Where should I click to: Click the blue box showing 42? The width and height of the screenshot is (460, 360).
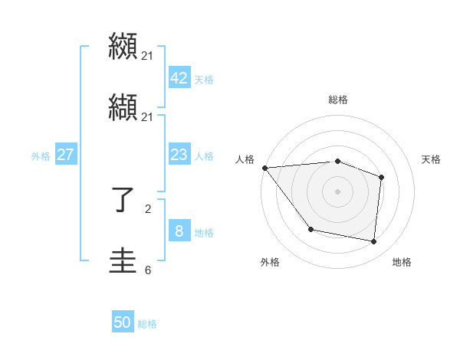179,79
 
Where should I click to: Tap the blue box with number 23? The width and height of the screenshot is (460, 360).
179,155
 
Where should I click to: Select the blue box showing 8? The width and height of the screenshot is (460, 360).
179,231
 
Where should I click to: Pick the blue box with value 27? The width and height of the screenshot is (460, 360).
65,155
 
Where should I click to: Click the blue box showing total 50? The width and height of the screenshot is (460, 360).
123,323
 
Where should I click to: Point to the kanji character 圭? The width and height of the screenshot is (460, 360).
123,262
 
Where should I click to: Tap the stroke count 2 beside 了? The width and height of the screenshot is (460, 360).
148,208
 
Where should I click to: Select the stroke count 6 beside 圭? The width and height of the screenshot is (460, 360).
148,270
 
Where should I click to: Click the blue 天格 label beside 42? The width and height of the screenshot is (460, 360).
204,80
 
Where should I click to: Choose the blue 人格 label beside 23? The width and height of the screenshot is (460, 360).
204,156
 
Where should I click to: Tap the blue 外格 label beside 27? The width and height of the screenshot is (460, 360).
41,156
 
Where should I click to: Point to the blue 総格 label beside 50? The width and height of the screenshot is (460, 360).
147,324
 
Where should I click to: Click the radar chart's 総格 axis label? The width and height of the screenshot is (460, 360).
338,100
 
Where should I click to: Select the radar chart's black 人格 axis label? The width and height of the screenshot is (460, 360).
245,159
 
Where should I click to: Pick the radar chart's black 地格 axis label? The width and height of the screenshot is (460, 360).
402,262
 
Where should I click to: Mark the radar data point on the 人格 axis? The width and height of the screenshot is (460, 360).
264,168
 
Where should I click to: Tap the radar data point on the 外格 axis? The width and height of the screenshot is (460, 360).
310,229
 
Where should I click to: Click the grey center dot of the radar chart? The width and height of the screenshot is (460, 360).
337,191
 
